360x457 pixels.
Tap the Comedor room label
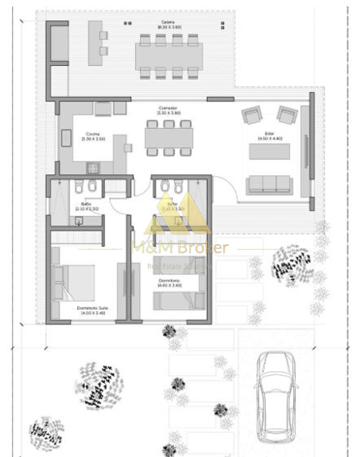pyautogui.click(x=169, y=108)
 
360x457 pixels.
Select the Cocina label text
pyautogui.click(x=92, y=134)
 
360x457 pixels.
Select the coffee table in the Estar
pyautogui.click(x=269, y=151)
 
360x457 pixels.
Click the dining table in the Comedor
pyautogui.click(x=169, y=137)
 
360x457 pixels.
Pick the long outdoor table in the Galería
pyautogui.click(x=169, y=56)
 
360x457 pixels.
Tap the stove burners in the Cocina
pyautogui.click(x=93, y=167)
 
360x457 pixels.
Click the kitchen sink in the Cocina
pyautogui.click(x=68, y=138)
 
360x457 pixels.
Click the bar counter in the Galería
pyautogui.click(x=94, y=43)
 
